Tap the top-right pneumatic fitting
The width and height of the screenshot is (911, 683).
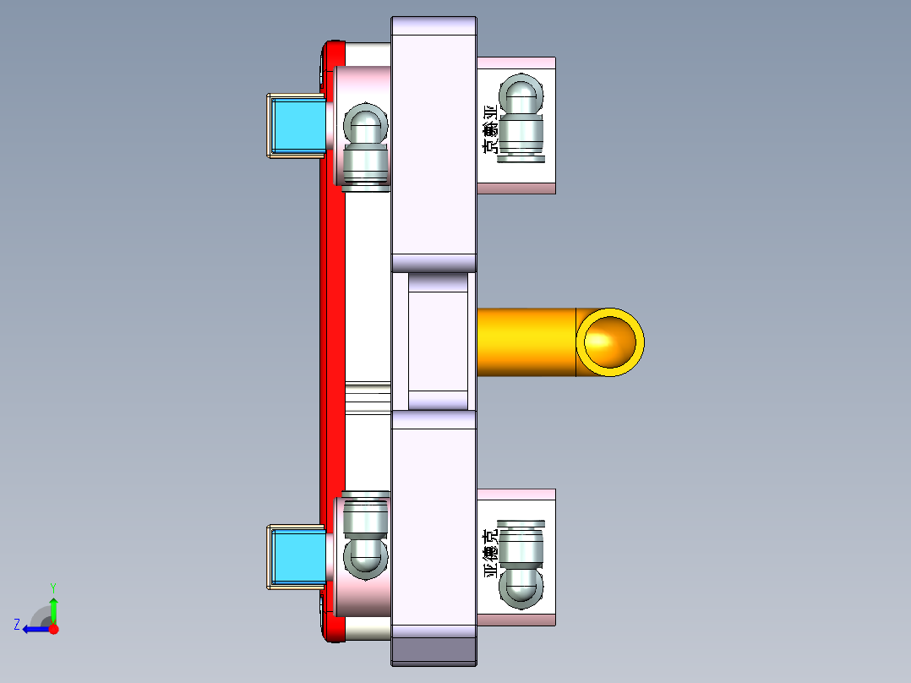[x=520, y=118]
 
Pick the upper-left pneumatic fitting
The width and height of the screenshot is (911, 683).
[x=365, y=145]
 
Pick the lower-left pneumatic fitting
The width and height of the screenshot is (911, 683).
[x=365, y=537]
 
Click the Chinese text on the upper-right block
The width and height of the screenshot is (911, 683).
[x=489, y=129]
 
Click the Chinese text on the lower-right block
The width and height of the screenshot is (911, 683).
[x=489, y=554]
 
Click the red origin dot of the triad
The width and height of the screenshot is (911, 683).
[x=53, y=629]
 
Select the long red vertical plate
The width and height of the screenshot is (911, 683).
[x=332, y=338]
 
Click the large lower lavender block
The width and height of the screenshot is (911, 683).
[x=434, y=524]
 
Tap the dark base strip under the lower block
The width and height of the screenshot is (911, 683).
[x=434, y=650]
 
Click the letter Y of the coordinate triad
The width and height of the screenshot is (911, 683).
[x=52, y=587]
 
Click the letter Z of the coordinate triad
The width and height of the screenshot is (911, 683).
[x=17, y=625]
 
